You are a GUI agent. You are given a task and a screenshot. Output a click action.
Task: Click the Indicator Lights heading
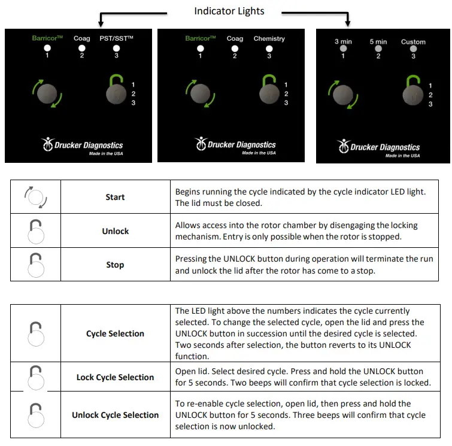pos(229,11)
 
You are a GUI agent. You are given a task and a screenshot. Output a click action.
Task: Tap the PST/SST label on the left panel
pos(116,39)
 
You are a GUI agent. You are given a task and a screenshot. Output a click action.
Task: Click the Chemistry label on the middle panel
pos(269,39)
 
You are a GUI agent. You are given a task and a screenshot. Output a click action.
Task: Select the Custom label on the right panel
pos(413,42)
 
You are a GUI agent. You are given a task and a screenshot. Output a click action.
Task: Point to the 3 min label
pos(344,42)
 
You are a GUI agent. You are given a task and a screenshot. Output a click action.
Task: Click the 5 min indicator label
pos(378,42)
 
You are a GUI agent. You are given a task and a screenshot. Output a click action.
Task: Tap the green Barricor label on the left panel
pos(48,39)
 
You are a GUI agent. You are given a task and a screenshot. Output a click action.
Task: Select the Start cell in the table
pos(115,197)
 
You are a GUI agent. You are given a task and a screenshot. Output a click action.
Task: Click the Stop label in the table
pos(115,265)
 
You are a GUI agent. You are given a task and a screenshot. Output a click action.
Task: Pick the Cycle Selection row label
pos(115,333)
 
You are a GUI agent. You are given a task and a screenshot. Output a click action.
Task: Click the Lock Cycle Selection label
pos(115,377)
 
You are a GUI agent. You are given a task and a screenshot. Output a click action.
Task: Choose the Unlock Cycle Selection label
pos(115,415)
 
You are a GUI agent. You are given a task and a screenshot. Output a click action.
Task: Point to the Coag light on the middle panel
pos(235,48)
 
